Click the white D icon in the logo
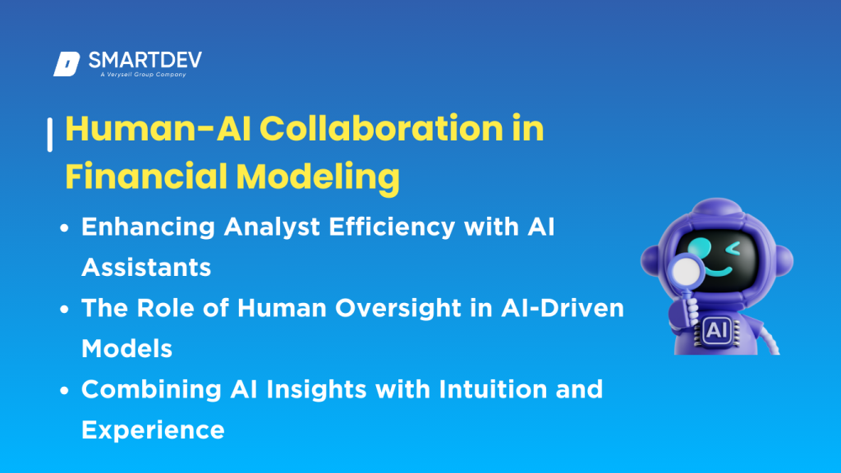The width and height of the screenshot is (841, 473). [66, 64]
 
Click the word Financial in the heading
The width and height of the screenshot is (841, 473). [136, 177]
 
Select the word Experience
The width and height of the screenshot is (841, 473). [153, 429]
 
